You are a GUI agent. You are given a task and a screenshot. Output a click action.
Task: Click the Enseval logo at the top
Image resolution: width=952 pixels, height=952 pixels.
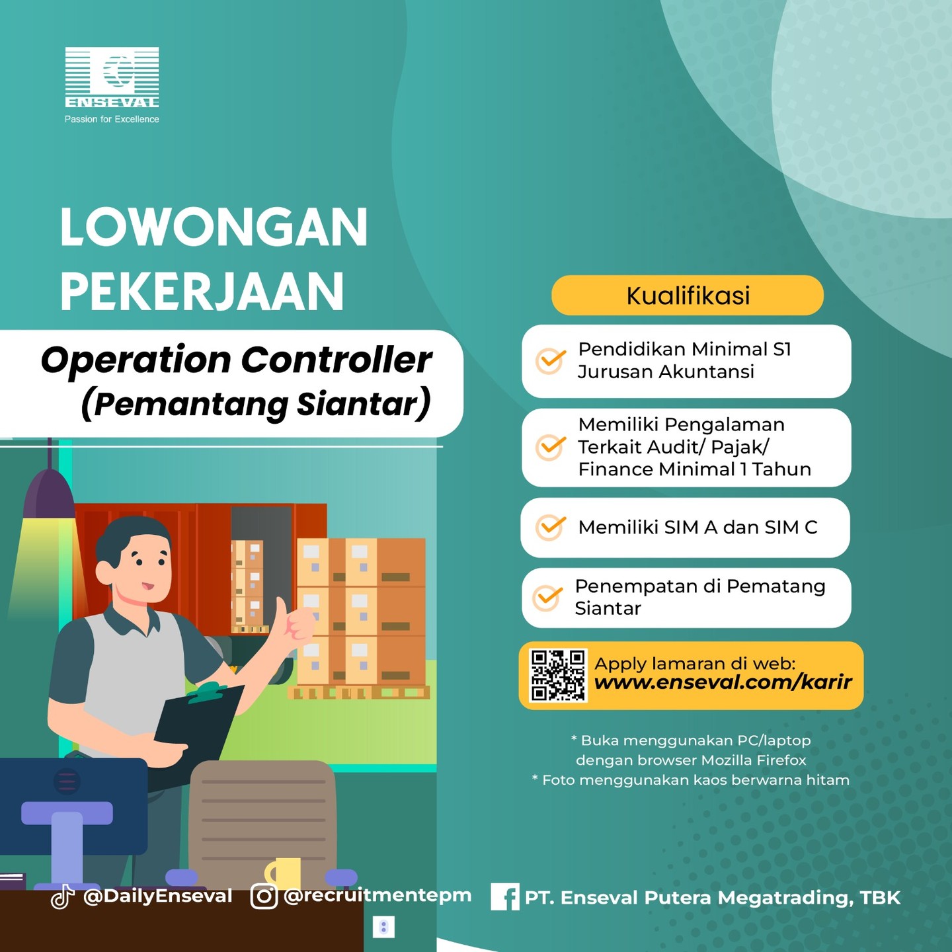pos(112,77)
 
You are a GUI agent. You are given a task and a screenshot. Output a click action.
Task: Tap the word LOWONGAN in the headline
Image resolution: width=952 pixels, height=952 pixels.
pos(214,227)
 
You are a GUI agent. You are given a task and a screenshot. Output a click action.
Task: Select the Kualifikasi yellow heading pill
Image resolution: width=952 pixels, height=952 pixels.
pos(687,296)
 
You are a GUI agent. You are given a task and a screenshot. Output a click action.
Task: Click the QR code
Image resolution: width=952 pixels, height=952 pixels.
pos(558,676)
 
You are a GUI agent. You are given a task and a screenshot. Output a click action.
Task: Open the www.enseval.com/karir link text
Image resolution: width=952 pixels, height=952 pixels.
pos(723,682)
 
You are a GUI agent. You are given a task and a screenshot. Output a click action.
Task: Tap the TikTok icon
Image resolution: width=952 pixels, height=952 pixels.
pos(62,897)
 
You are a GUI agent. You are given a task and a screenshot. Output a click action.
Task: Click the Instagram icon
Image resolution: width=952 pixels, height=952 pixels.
pos(264,896)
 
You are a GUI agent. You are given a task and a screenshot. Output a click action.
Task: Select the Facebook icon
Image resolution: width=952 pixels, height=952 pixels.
pos(505,896)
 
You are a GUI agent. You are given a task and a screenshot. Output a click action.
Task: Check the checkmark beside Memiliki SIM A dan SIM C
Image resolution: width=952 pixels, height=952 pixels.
pos(550,527)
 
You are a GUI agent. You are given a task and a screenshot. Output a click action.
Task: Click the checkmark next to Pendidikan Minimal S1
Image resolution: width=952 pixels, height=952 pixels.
pos(550,361)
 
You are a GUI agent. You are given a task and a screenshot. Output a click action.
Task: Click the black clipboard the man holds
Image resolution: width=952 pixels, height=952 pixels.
pos(198,726)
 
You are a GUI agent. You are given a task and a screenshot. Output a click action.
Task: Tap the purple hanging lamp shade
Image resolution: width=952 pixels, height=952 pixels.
pos(50,494)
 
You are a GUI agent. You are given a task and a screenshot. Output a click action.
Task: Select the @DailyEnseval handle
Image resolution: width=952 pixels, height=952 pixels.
pos(157,896)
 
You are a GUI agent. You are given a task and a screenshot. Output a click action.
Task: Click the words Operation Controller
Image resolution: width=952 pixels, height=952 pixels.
pos(236,360)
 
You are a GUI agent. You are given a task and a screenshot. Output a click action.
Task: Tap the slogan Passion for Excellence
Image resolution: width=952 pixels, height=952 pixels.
pos(112,119)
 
